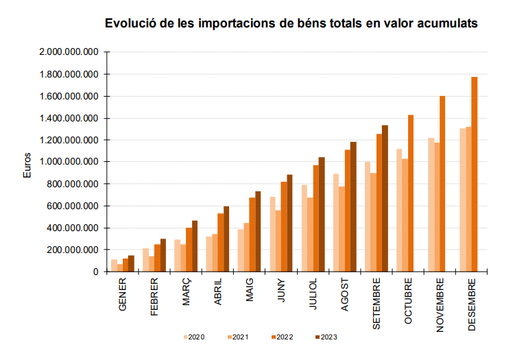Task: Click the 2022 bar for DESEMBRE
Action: (475, 174)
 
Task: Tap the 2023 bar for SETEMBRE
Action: (385, 199)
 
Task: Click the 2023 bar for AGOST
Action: (354, 206)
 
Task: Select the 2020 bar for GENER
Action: (114, 265)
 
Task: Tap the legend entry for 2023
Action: (325, 337)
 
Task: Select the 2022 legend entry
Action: (281, 337)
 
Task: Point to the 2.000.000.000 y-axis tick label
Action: (69, 52)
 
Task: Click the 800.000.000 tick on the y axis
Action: (74, 184)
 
